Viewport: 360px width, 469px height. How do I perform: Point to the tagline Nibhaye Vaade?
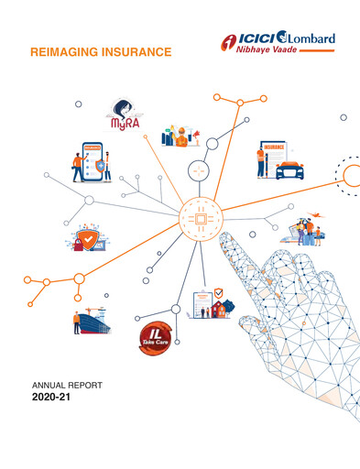(x=263, y=54)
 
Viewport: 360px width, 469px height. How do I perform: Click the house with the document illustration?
(x=213, y=303)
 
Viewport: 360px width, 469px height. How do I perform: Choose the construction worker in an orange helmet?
(x=184, y=134)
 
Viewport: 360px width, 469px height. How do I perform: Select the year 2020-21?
(x=50, y=400)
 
